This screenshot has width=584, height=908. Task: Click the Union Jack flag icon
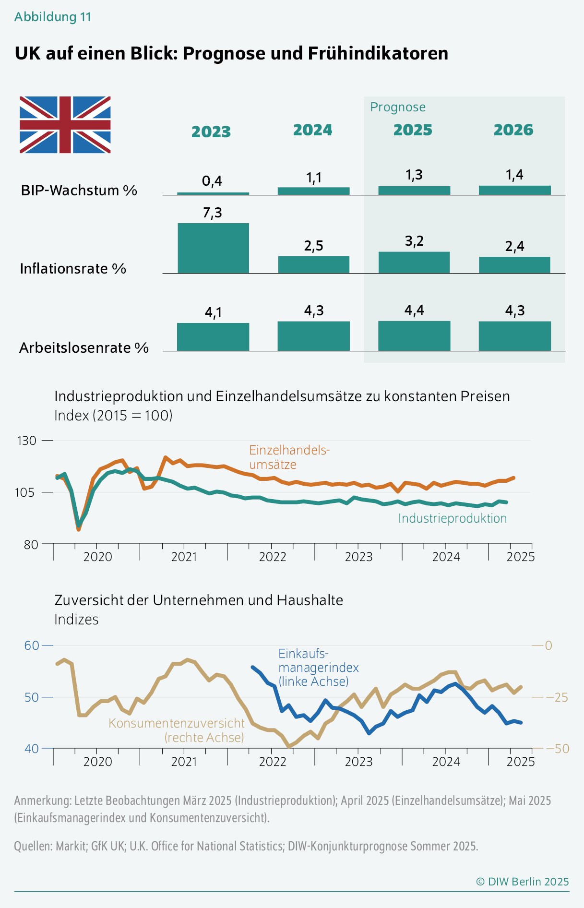[x=65, y=125]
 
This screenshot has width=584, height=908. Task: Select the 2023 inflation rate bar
[x=213, y=248]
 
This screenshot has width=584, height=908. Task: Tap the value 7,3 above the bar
[x=212, y=213]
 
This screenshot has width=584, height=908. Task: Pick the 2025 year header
[x=413, y=130]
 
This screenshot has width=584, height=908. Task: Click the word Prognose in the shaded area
[x=398, y=107]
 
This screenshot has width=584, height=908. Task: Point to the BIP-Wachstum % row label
[x=79, y=191]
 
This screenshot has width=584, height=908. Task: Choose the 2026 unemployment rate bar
[x=514, y=336]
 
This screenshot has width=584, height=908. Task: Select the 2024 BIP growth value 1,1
[x=314, y=178]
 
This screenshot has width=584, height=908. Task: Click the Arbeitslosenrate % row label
[x=84, y=348]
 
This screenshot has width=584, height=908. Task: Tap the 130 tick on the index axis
[x=27, y=441]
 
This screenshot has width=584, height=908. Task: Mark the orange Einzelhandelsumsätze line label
[x=289, y=457]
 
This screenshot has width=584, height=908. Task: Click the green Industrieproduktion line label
[x=453, y=518]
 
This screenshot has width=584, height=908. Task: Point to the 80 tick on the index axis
[x=30, y=544]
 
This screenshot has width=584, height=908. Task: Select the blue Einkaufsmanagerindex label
[x=318, y=668]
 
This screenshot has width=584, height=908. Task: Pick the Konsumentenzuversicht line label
[x=177, y=730]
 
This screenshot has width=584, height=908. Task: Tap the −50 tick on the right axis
[x=558, y=748]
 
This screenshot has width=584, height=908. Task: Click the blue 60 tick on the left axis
[x=32, y=645]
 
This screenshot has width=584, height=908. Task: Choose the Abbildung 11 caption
[x=53, y=17]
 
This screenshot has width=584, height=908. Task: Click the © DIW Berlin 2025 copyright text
[x=522, y=882]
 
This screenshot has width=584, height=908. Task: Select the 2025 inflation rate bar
[x=414, y=263]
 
